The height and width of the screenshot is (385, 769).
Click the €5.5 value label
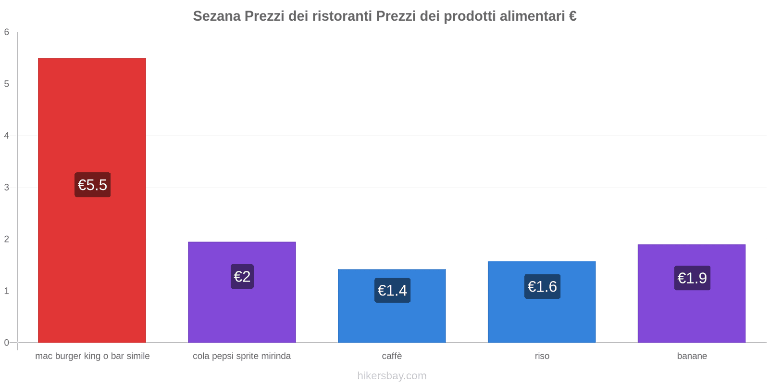(92, 185)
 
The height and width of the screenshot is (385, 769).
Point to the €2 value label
(242, 277)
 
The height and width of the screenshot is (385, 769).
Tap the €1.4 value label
(392, 290)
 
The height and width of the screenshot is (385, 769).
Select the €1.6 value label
(542, 286)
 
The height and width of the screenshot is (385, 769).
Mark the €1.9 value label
(692, 278)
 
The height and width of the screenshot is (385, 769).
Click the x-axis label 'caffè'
(392, 356)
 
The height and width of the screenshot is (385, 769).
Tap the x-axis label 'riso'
(542, 356)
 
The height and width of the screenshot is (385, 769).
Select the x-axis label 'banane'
(692, 356)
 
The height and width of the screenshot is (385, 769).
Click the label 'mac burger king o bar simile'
(92, 356)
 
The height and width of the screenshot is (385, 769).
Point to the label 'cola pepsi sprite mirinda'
(242, 356)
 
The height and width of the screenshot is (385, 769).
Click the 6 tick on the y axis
(7, 32)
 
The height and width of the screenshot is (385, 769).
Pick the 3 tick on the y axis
(7, 187)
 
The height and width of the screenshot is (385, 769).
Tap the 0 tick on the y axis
(7, 343)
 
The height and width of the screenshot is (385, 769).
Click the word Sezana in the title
(217, 16)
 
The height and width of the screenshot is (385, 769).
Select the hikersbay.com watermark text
(392, 376)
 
